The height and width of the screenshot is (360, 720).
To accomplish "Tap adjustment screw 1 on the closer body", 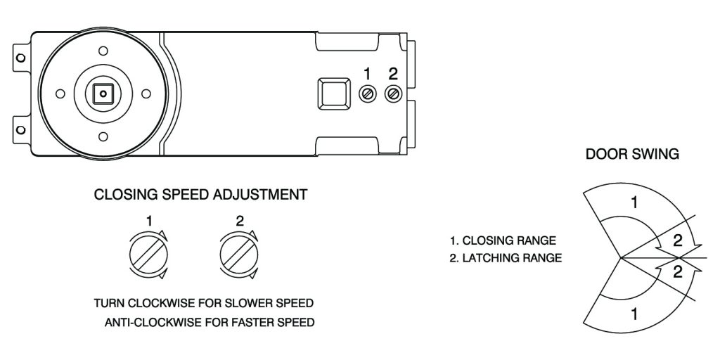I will point(366,94).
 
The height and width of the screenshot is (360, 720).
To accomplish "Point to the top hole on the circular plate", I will point(103,51).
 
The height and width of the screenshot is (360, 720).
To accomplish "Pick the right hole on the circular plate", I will point(146,93).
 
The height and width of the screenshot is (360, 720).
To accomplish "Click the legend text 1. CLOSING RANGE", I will point(503,240).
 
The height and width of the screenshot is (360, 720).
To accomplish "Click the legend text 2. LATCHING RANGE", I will point(506,258).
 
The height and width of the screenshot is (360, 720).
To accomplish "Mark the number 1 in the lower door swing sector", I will point(634,314).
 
